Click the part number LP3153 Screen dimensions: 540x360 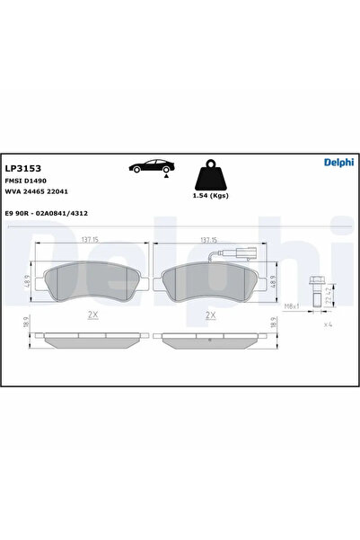[22, 168]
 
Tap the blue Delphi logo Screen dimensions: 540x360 [338, 163]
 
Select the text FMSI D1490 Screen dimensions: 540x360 [27, 181]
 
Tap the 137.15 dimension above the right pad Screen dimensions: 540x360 [209, 241]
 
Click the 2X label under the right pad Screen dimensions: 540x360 [210, 314]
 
